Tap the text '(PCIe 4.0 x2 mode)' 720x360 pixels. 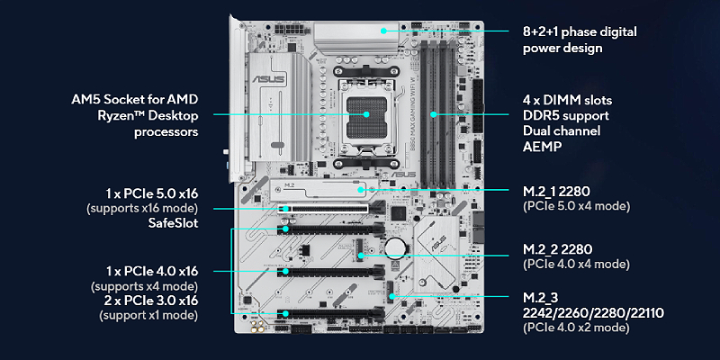576,328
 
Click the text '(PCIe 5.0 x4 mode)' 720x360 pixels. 576,205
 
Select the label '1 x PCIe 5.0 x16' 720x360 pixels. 150,192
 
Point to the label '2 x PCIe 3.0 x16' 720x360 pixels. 149,300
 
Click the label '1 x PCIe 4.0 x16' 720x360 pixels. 149,270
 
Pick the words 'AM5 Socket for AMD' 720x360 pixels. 135,99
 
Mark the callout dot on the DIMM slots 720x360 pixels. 434,114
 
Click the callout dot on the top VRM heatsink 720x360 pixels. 383,31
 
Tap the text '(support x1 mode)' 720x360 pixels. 142,316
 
